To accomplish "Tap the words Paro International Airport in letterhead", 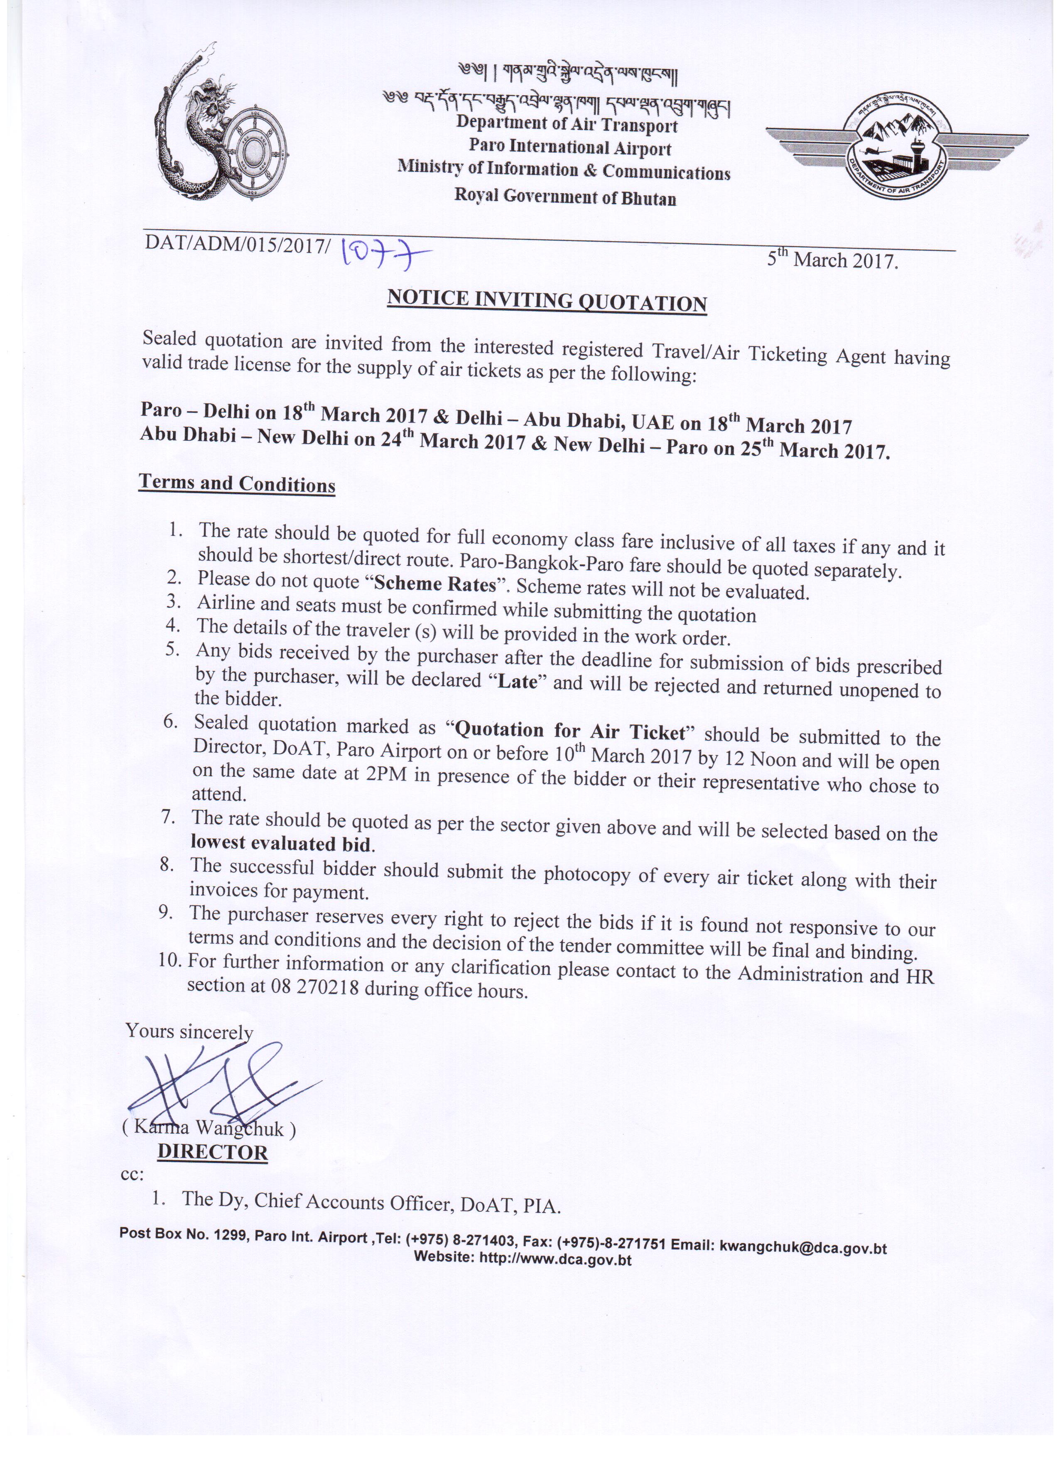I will coord(569,147).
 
